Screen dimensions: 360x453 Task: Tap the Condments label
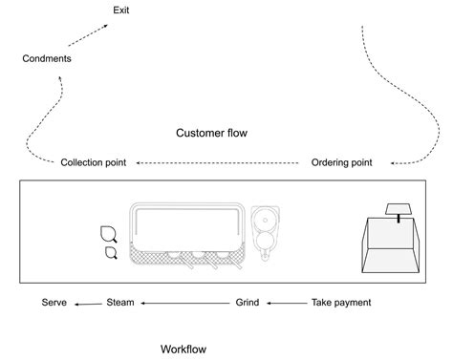click(x=46, y=59)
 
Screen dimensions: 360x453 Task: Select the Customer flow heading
click(x=211, y=133)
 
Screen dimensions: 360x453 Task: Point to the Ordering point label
click(x=342, y=162)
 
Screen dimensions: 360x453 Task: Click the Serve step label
click(x=54, y=303)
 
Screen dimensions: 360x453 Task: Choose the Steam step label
click(x=119, y=303)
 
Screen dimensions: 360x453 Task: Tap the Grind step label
click(x=247, y=303)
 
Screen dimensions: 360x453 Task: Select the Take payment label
click(x=341, y=303)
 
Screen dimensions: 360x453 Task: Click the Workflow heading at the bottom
click(x=183, y=349)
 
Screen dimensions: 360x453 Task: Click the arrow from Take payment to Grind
click(x=286, y=303)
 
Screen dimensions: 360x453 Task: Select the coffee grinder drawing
click(x=265, y=230)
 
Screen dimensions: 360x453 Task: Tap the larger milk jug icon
click(x=108, y=234)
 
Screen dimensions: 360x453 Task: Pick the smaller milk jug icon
click(x=110, y=252)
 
